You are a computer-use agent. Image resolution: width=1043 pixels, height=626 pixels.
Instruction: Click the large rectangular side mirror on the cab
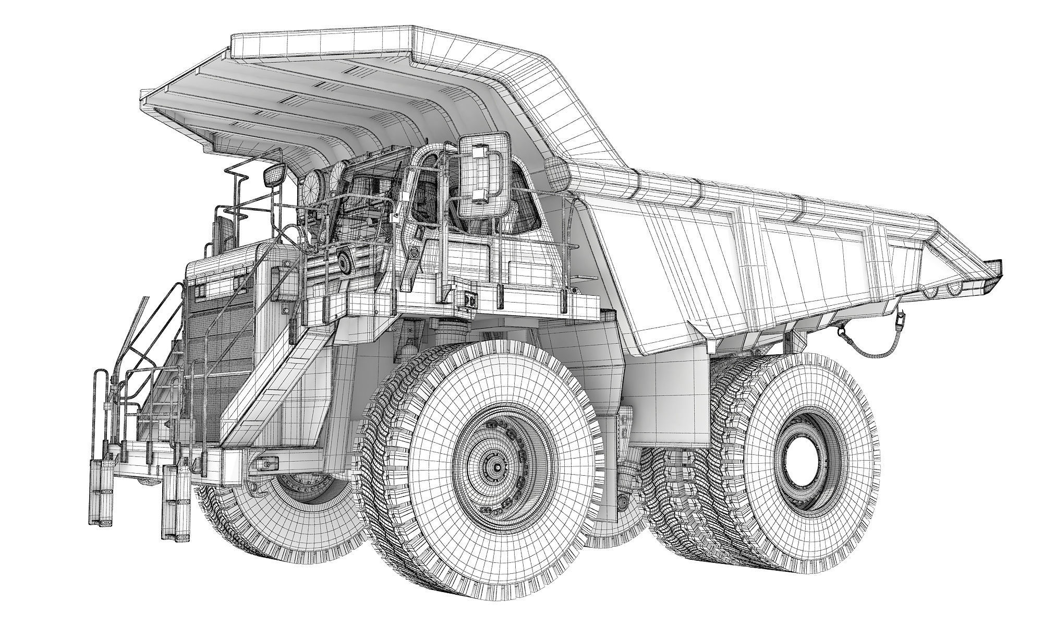[x=484, y=175]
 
